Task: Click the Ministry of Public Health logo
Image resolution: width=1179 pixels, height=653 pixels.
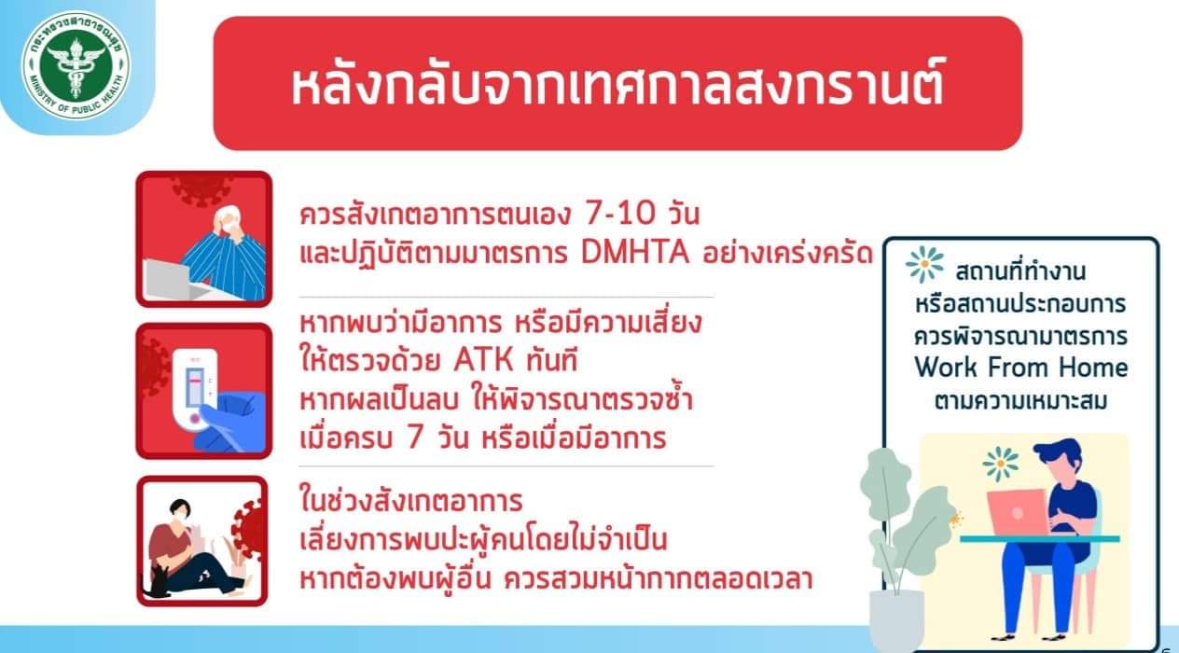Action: tap(76, 66)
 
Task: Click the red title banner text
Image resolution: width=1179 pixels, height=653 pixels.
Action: tap(617, 85)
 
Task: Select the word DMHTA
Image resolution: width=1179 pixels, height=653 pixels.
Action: tap(635, 253)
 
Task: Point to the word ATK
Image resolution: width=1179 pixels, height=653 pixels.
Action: tap(483, 361)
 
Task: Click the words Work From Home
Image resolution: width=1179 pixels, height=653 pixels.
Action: tap(1021, 368)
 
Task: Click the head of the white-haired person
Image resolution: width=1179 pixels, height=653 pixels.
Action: tap(228, 220)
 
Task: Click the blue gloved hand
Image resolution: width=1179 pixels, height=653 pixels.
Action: tap(231, 422)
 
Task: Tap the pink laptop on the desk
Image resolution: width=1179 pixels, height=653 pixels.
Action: tap(1018, 512)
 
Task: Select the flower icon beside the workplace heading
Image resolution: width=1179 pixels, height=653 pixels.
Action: tap(924, 265)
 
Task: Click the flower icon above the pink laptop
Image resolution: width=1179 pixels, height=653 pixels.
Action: tap(1001, 465)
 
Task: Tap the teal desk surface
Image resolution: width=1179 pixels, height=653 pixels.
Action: tap(1039, 539)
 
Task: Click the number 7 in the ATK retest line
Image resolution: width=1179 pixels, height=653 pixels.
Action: tap(414, 438)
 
